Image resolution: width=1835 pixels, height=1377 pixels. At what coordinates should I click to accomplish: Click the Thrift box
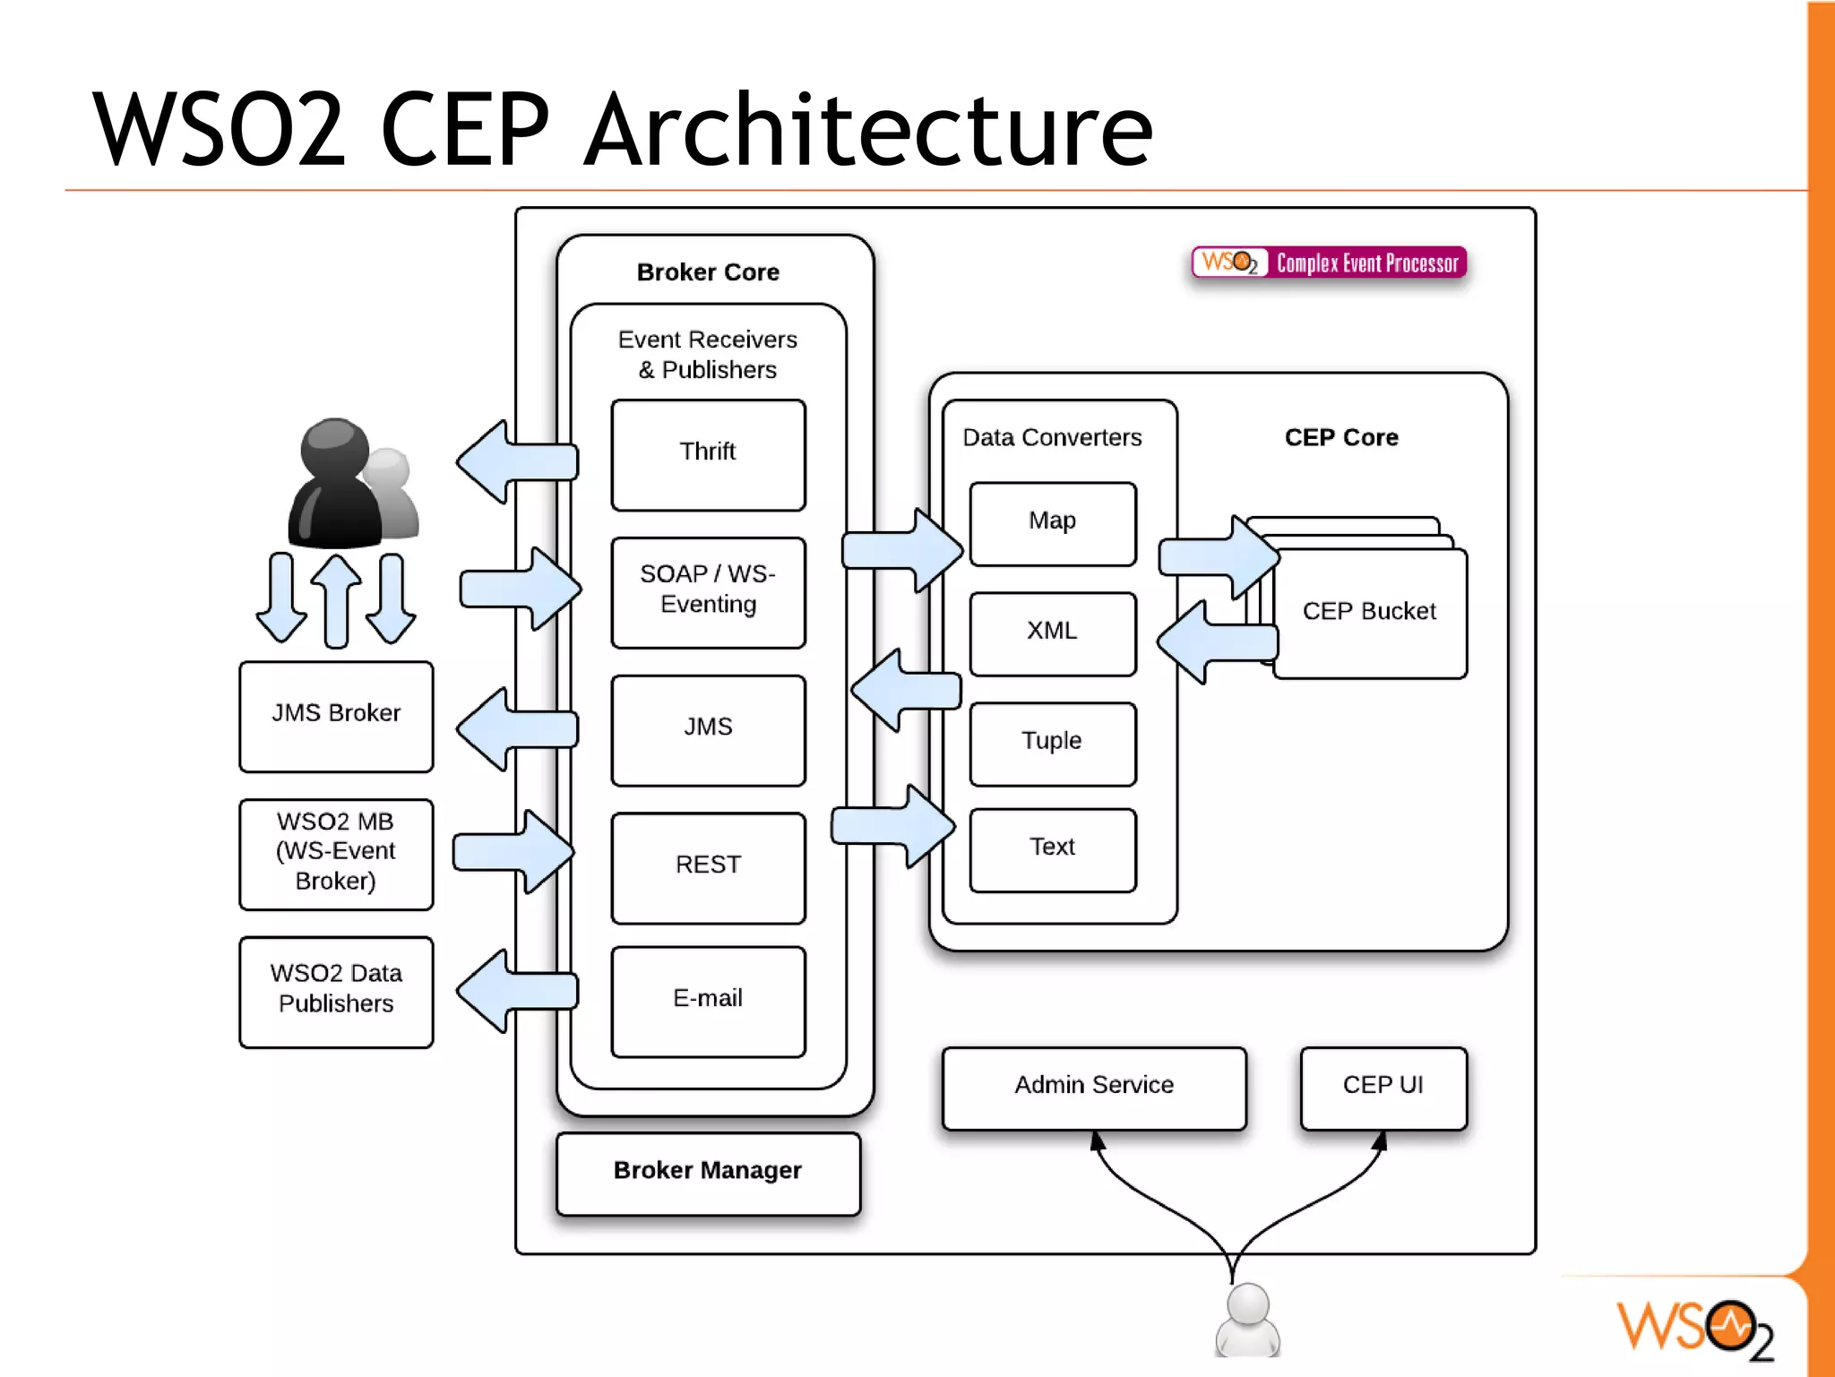pos(708,454)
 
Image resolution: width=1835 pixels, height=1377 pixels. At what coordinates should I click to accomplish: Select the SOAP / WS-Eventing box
pos(708,591)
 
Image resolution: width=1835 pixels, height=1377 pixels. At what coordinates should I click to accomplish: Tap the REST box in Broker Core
pos(708,866)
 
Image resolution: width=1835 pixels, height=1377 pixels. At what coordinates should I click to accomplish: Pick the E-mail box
pos(708,1001)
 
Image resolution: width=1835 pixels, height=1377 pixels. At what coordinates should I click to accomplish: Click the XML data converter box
pos(1052,633)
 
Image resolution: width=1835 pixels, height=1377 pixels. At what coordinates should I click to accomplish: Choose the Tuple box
pos(1052,743)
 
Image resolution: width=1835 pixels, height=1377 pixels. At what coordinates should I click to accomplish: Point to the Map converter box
pos(1052,523)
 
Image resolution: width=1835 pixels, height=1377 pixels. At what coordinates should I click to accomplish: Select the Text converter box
pos(1052,849)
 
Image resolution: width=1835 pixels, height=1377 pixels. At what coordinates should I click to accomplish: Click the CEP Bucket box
pos(1369,613)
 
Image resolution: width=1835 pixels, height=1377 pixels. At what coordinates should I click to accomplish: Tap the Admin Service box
pos(1093,1087)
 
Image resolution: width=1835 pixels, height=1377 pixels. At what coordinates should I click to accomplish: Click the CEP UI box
pos(1383,1087)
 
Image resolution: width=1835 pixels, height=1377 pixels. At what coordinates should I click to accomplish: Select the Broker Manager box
pos(708,1172)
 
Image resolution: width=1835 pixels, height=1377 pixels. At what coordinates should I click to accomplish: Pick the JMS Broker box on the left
pos(336,715)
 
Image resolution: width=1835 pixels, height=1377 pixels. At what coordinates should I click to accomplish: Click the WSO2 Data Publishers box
pos(336,990)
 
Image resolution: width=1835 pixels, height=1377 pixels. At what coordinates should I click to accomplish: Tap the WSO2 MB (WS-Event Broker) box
pos(336,853)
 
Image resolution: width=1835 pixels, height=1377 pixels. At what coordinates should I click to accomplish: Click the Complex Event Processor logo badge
pos(1329,262)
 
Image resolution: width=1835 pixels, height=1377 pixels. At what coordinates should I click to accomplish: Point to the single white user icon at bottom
pos(1247,1320)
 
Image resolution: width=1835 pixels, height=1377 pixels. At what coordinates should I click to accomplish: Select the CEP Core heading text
pos(1340,437)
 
